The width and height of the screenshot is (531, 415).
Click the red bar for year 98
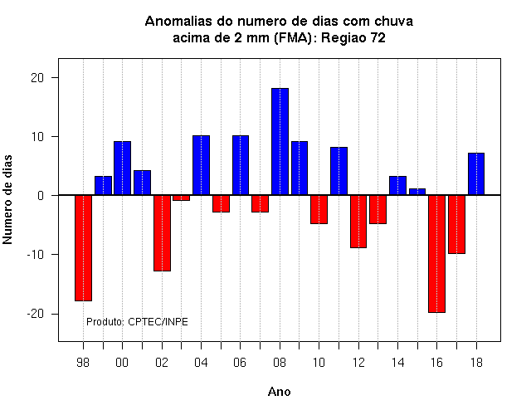[x=83, y=248]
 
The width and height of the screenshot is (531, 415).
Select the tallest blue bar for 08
[x=280, y=142]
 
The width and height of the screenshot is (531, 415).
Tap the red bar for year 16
[x=437, y=254]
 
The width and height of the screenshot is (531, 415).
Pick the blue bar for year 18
[x=476, y=174]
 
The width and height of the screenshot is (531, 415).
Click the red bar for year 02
[x=162, y=233]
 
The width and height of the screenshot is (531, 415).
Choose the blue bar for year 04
[x=201, y=165]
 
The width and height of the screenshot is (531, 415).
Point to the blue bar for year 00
[x=122, y=168]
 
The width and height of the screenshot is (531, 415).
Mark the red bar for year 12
[x=358, y=222]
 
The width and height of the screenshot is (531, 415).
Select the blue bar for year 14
[x=397, y=186]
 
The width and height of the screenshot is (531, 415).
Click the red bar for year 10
[x=319, y=210]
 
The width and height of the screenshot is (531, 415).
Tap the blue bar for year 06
[x=241, y=165]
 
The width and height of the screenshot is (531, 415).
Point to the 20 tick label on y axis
[x=37, y=78]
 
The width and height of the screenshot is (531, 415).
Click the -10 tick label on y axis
[x=36, y=255]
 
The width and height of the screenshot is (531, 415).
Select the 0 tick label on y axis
[x=41, y=196]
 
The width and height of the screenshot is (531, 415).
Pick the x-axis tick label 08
[x=280, y=363]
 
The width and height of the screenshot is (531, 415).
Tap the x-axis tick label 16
[x=437, y=363]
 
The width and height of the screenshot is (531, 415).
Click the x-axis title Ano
[x=279, y=392]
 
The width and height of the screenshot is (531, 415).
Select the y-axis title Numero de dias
[x=7, y=199]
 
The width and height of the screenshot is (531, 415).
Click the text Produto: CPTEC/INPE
[x=137, y=321]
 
